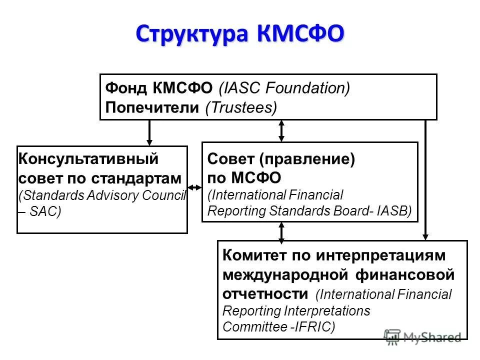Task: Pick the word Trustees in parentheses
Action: (241, 108)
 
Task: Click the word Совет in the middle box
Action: (230, 159)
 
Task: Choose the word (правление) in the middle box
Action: (306, 159)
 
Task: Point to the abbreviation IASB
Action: (397, 211)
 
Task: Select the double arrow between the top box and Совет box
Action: (281, 130)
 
